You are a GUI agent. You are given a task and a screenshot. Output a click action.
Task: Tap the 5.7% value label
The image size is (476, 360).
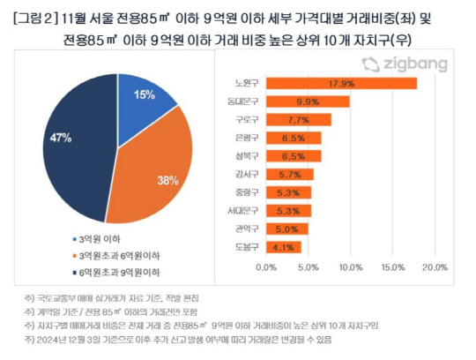click(x=301, y=175)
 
